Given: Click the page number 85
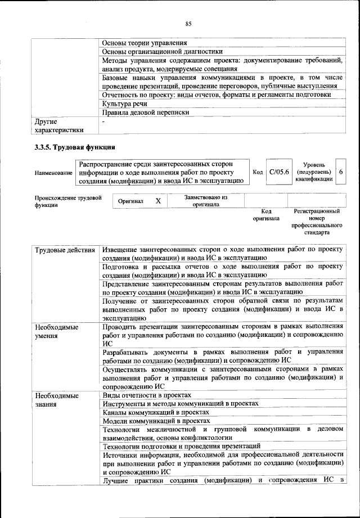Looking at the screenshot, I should (x=188, y=23).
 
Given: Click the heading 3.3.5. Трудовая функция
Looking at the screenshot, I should (x=75, y=147).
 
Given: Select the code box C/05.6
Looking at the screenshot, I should (x=278, y=172).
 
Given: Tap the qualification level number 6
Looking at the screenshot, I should (x=341, y=172).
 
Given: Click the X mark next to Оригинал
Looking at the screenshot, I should (x=158, y=201).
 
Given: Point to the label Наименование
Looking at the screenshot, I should (x=53, y=172).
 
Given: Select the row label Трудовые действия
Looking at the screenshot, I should (x=65, y=249).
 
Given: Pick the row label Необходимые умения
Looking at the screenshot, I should (x=57, y=331).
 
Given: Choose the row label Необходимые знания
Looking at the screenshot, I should (x=57, y=400).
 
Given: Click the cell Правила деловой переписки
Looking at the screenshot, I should (x=145, y=112).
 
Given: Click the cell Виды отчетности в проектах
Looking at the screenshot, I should (x=147, y=396).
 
